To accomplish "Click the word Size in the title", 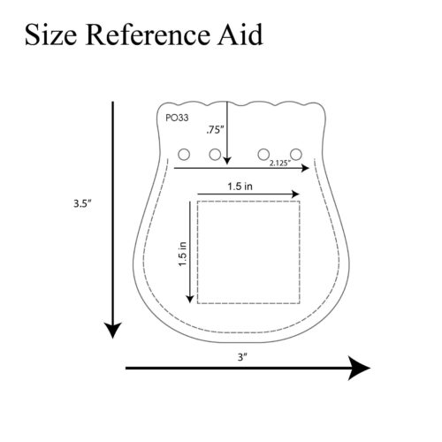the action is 50,34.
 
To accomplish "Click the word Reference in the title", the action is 148,34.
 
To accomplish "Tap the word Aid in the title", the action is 240,34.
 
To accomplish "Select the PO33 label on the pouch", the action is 177,118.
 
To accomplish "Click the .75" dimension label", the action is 215,130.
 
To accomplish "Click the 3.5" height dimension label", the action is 83,203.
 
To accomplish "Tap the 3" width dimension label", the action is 242,357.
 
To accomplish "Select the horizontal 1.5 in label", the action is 240,187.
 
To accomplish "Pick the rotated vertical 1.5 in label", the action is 183,254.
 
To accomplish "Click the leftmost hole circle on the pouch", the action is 184,155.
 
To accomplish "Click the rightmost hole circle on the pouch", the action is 296,155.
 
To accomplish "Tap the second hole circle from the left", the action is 215,155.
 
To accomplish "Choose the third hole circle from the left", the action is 263,155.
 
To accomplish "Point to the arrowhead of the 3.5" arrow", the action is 112,331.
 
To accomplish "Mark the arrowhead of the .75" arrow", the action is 227,161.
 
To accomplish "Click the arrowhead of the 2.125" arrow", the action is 305,168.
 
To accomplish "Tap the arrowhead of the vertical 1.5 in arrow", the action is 190,299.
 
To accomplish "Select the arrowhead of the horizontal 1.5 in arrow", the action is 295,194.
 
